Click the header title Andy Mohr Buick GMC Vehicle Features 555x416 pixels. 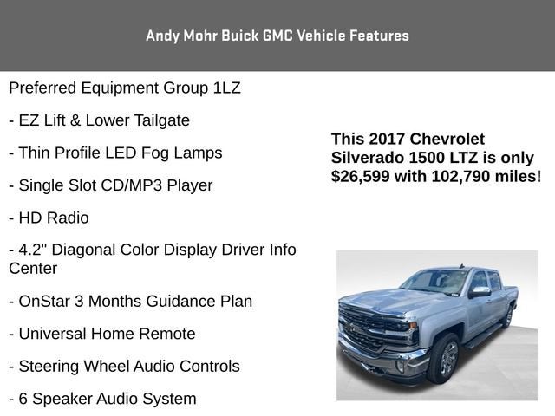[x=277, y=36]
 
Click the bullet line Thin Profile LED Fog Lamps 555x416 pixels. [x=115, y=153]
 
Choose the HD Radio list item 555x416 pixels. [x=49, y=218]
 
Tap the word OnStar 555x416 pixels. [x=46, y=302]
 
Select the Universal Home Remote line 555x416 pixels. [x=102, y=334]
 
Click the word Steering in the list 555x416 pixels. [x=49, y=367]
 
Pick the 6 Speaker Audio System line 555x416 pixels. [x=102, y=399]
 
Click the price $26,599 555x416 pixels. [x=366, y=176]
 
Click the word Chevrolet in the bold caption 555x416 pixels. [x=447, y=140]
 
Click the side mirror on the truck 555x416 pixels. [x=480, y=292]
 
